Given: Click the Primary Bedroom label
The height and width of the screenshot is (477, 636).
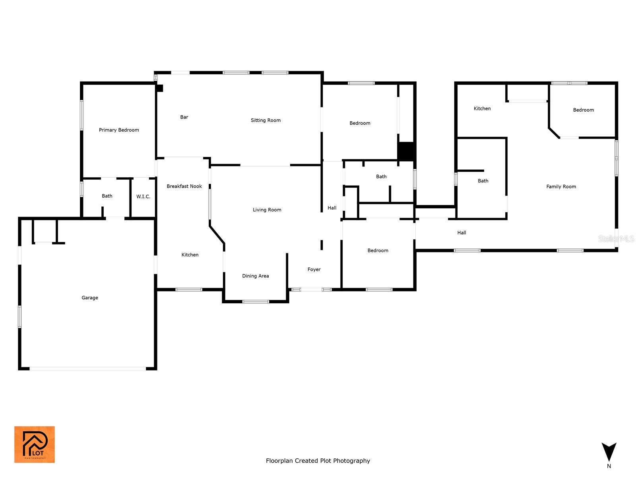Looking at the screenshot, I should [119, 130].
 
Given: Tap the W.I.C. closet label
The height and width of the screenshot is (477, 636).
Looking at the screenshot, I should [143, 197].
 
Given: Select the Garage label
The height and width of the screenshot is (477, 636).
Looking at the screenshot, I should [90, 298].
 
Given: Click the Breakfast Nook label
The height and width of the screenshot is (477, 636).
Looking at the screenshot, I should [184, 186].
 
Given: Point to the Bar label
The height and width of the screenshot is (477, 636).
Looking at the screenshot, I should [184, 117].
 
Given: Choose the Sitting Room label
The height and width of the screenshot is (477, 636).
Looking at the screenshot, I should [266, 120].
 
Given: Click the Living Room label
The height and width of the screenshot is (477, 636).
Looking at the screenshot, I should [267, 210].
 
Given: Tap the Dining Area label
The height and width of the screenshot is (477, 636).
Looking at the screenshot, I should [255, 276].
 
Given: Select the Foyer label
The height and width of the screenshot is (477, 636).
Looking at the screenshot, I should [314, 270].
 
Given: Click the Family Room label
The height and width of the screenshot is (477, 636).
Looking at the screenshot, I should [561, 186].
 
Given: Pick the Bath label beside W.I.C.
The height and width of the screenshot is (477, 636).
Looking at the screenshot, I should [107, 196].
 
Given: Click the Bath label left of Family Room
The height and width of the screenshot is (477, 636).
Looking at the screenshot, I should [483, 181].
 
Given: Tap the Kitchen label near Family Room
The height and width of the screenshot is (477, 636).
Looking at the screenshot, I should [482, 109].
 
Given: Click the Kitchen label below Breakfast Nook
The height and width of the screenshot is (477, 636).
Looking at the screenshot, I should [190, 255].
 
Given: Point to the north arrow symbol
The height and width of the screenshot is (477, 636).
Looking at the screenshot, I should [609, 453].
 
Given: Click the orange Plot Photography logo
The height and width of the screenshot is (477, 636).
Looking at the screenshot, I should [35, 444].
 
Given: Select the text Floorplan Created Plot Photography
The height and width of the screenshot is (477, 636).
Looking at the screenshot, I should [318, 461].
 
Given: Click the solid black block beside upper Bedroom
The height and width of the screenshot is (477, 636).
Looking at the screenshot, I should [406, 151].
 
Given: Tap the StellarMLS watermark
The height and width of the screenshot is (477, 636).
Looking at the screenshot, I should [616, 238].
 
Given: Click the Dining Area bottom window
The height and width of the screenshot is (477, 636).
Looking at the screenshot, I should [256, 302].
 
